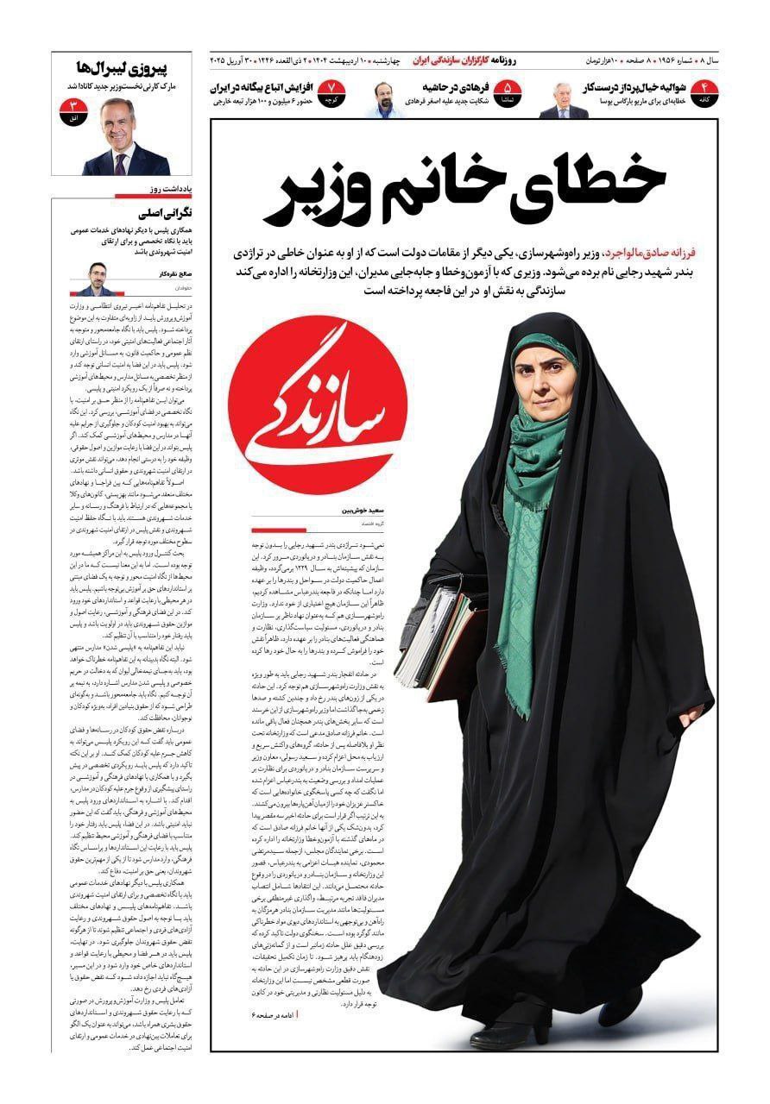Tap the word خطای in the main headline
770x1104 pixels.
(602, 179)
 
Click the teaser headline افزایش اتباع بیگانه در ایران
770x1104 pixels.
(265, 87)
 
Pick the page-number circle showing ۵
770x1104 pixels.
(508, 90)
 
